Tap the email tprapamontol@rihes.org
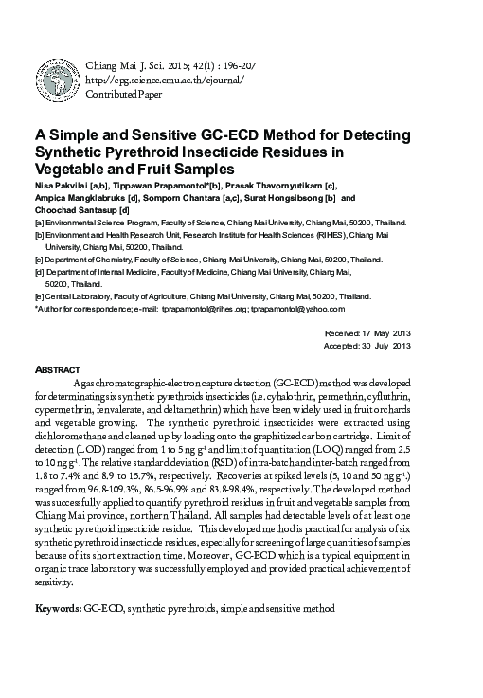[x=205, y=308]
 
